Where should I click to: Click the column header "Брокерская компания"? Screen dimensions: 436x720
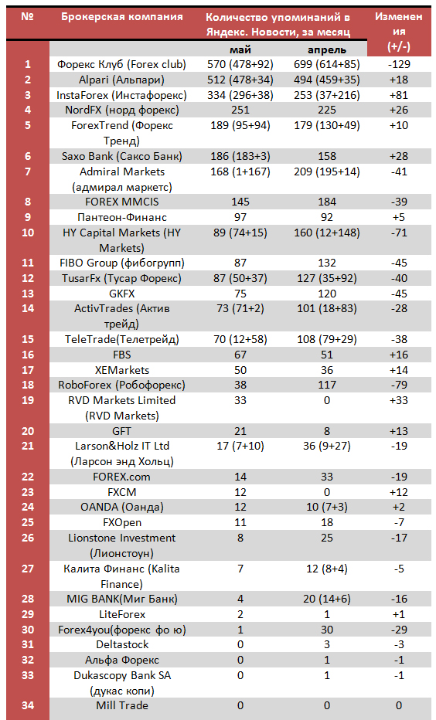(x=121, y=17)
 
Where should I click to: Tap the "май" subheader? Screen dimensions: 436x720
(x=240, y=49)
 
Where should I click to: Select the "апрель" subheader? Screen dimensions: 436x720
(x=327, y=50)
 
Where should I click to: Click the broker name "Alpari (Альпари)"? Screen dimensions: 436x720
(x=121, y=80)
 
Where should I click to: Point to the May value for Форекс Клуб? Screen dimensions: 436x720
(x=240, y=64)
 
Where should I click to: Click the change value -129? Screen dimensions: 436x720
(x=399, y=64)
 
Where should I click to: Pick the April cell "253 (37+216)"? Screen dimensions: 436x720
(x=327, y=95)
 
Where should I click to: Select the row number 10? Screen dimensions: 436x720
(x=28, y=233)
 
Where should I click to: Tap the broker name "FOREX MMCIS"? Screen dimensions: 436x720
(x=121, y=202)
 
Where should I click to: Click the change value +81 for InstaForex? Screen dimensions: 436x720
(x=399, y=95)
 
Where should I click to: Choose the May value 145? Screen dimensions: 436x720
(x=240, y=202)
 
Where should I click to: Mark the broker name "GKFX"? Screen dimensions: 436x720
(x=121, y=294)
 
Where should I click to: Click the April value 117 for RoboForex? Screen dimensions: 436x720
(x=327, y=385)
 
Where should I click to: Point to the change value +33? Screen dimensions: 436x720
(x=399, y=400)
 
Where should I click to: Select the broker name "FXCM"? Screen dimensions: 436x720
(x=121, y=492)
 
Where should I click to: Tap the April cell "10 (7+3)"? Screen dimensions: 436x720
(x=327, y=507)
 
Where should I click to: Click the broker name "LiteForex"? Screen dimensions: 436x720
(x=121, y=614)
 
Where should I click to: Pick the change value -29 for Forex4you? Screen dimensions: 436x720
(x=399, y=629)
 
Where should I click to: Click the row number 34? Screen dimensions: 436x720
(x=28, y=705)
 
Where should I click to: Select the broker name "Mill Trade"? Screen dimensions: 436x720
(x=121, y=705)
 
